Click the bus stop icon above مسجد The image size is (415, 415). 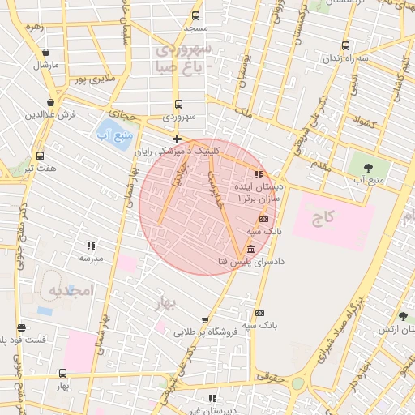tap(195, 15)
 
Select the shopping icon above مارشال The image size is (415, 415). tap(45, 53)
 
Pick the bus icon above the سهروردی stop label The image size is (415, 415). tap(178, 104)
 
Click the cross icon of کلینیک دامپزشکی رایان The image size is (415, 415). tap(178, 139)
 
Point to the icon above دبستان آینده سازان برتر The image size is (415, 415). tap(259, 173)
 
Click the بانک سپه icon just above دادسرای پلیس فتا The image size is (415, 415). tap(263, 219)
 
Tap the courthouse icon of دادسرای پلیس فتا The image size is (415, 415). tap(250, 248)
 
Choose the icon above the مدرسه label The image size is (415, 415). tap(91, 245)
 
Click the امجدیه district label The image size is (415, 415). tap(71, 290)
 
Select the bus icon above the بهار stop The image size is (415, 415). tap(63, 373)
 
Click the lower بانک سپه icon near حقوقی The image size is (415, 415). tap(259, 313)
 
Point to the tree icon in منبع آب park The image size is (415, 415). tap(369, 168)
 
